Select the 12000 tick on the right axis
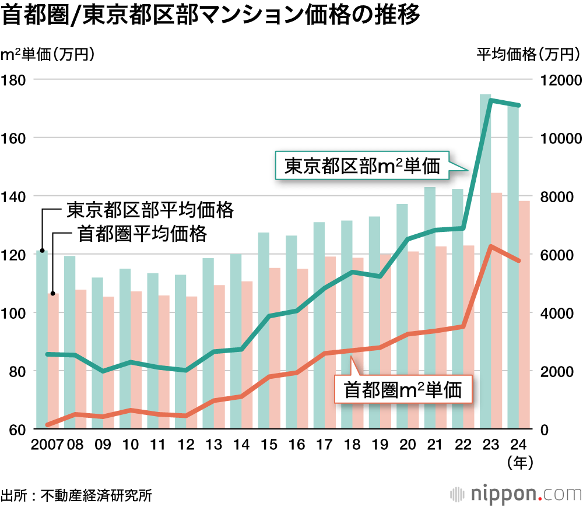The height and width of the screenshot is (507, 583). click(559, 80)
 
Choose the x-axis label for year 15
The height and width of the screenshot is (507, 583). click(269, 445)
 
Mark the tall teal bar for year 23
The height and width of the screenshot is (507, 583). click(486, 262)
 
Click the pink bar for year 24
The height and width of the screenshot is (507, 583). click(524, 315)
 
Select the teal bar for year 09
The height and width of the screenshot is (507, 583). click(97, 353)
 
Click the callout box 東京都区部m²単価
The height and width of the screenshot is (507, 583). click(361, 167)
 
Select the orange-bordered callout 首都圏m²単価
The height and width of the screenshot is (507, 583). click(402, 390)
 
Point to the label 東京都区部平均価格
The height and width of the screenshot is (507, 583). click(150, 209)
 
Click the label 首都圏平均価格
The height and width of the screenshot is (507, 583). click(142, 234)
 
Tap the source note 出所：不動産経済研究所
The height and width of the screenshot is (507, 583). click(76, 495)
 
